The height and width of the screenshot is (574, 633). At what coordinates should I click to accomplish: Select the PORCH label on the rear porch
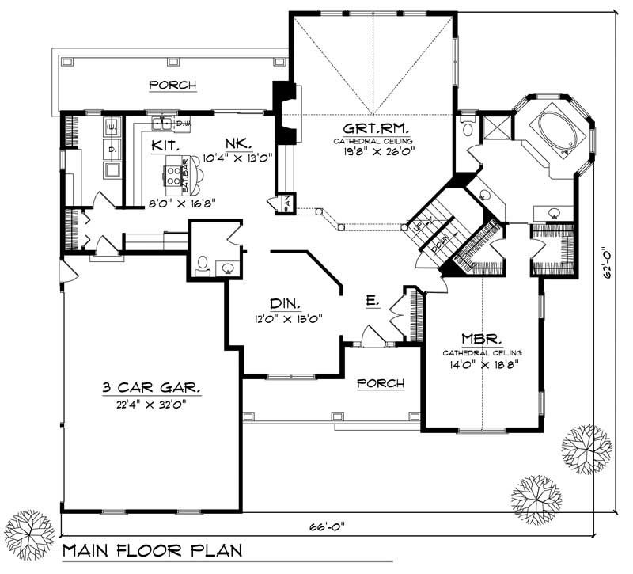[172, 86]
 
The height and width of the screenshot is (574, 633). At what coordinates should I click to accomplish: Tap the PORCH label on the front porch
[380, 383]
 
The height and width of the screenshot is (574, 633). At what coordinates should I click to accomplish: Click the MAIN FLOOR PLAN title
[152, 551]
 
